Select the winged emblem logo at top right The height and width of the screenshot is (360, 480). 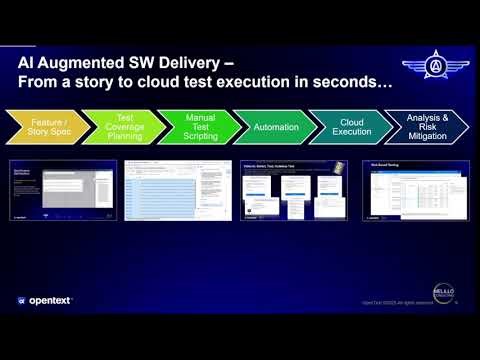tap(435, 67)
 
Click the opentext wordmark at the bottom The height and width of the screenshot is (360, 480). tap(50, 300)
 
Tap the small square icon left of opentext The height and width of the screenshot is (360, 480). tap(21, 300)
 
